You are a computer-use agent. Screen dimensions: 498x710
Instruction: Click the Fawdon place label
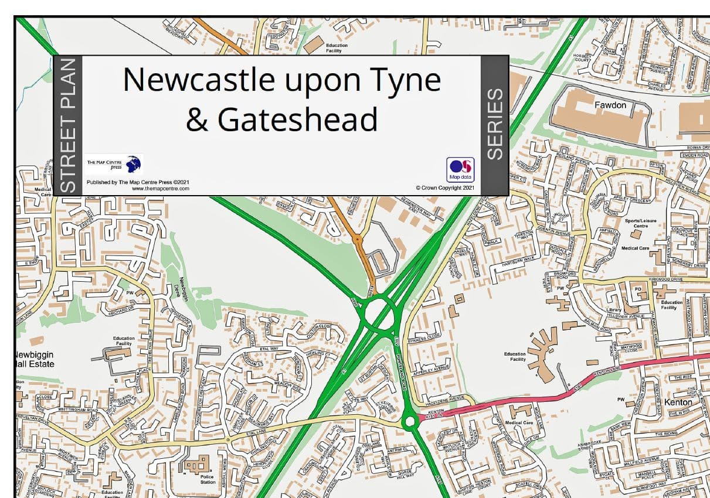(x=610, y=105)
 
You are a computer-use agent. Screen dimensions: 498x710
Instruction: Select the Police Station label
(x=208, y=479)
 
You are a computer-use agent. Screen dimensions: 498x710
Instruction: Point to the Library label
(x=614, y=310)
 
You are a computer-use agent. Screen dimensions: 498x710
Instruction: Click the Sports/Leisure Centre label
(x=640, y=223)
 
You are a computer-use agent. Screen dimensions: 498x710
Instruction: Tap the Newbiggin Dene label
(x=182, y=291)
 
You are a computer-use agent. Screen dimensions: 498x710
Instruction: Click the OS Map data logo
(x=460, y=169)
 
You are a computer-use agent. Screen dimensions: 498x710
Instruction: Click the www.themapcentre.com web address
(x=161, y=189)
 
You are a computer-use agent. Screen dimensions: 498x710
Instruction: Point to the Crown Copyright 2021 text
(x=444, y=189)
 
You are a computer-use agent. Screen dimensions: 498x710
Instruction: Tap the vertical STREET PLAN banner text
(x=69, y=125)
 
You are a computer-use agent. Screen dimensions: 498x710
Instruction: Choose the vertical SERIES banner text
(x=495, y=124)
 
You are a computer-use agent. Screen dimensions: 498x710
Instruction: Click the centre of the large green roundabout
(x=379, y=313)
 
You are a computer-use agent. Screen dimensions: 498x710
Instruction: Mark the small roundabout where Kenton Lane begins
(x=410, y=421)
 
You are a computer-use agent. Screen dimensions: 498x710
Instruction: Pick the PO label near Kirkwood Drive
(x=638, y=289)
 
